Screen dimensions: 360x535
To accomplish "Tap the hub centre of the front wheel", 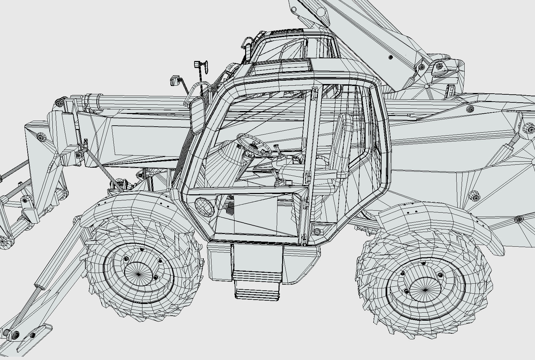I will point(138,273).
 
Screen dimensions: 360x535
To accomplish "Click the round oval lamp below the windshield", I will point(204,207).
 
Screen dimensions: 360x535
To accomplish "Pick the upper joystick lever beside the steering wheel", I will point(277,149).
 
